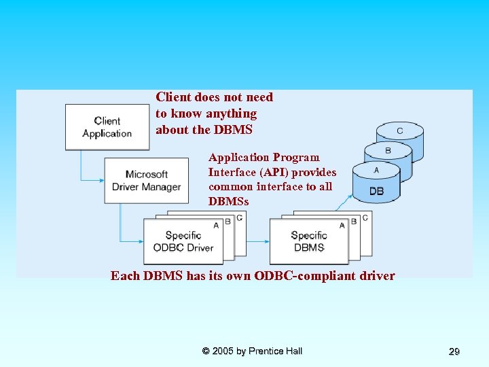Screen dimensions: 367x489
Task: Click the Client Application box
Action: coord(107,127)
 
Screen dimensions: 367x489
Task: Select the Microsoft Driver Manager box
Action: coord(146,181)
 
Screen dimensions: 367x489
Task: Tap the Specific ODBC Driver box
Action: coord(183,241)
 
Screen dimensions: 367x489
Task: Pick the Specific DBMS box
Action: coord(309,241)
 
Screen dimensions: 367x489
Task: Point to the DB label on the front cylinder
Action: coord(376,191)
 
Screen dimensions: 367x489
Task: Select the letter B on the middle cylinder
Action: coord(388,150)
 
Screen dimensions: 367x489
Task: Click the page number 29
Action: coord(454,351)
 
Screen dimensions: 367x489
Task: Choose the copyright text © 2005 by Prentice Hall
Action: coord(252,351)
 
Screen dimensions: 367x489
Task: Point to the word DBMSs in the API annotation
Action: coord(228,202)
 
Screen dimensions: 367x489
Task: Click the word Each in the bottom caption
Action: coord(125,276)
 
